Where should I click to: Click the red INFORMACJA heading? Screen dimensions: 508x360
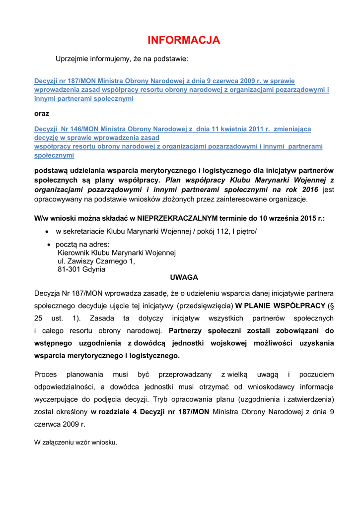click(x=184, y=40)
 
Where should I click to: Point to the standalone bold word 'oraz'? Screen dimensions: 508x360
click(x=42, y=114)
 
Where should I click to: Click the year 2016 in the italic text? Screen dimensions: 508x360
click(x=308, y=190)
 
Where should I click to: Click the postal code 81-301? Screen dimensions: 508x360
click(x=68, y=269)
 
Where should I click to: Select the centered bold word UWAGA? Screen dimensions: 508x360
click(x=184, y=277)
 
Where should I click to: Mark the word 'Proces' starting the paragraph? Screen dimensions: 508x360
click(x=45, y=374)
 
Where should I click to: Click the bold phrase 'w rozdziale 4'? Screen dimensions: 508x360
click(x=112, y=412)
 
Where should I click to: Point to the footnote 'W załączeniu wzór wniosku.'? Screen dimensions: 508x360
click(x=75, y=443)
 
